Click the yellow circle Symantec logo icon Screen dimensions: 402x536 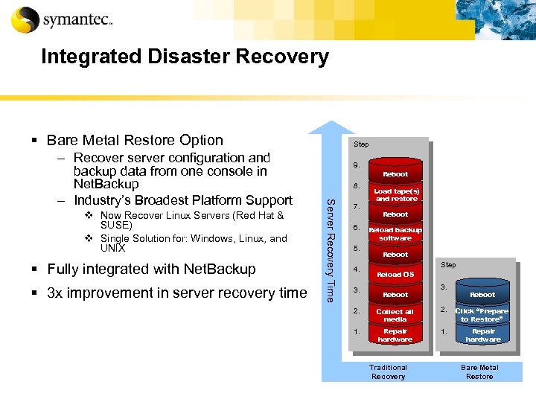[25, 20]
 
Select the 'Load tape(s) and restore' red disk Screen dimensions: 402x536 [395, 195]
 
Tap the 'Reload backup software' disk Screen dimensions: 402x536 [395, 234]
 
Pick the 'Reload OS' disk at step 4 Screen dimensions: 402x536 [395, 275]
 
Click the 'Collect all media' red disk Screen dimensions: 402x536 [395, 315]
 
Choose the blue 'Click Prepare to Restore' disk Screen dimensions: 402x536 [482, 315]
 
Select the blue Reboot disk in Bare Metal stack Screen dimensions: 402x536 [482, 295]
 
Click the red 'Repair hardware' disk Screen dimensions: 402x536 [395, 335]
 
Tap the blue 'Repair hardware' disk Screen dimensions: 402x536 [482, 335]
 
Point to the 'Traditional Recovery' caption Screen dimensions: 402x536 [388, 371]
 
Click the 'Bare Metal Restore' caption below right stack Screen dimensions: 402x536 [479, 371]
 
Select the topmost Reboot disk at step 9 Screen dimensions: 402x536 [395, 173]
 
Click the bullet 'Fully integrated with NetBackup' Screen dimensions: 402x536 [151, 269]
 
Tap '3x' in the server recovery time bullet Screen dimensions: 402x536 [56, 293]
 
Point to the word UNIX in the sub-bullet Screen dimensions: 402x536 [112, 248]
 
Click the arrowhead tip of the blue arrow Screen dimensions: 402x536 [331, 123]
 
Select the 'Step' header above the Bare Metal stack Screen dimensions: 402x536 [449, 265]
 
